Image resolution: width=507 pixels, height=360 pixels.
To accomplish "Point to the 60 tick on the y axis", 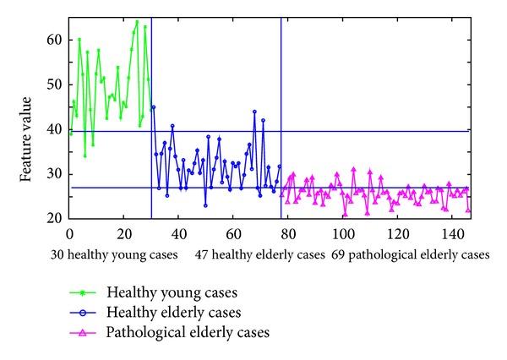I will point(55,40).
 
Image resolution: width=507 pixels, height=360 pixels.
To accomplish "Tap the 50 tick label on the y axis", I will point(55,85).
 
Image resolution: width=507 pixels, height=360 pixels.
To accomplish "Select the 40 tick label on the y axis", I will point(55,129).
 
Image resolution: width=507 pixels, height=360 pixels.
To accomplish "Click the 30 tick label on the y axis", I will point(55,174).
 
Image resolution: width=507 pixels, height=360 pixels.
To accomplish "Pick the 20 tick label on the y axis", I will point(55,218).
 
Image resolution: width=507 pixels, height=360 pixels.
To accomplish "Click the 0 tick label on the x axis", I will point(69,232).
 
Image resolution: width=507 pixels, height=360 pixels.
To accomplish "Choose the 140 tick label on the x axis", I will point(450,232).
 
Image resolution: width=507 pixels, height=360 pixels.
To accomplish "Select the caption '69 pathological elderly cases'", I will point(410,254).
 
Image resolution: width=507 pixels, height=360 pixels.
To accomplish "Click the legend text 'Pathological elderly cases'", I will point(188,333).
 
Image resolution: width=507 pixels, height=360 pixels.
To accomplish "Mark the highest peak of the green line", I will point(137,22).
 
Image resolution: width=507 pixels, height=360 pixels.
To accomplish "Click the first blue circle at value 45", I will point(153,106).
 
